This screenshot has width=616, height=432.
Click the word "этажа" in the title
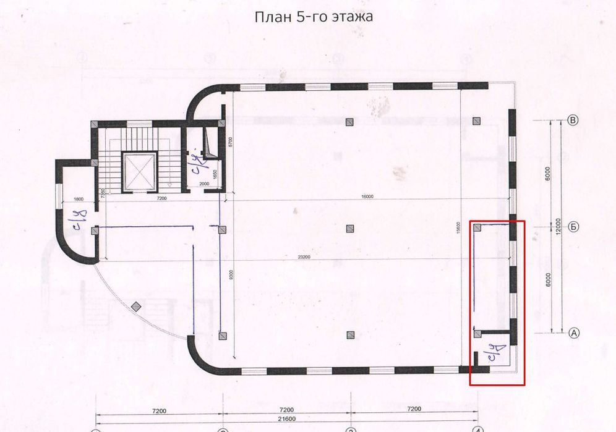click(x=349, y=17)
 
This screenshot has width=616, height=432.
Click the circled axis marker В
click(x=573, y=120)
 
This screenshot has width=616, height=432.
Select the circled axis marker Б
click(x=573, y=227)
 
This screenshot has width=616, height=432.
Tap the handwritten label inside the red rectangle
click(x=495, y=355)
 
